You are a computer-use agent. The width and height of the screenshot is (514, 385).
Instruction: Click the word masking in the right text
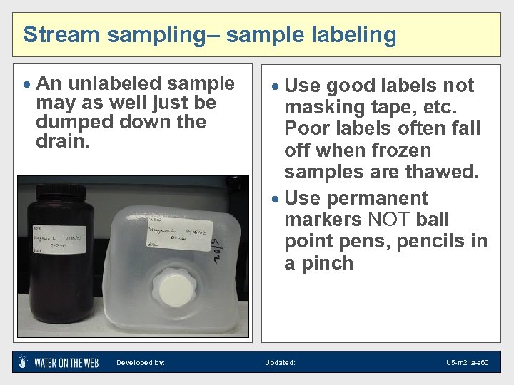321,108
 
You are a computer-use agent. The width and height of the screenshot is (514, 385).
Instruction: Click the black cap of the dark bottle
56,190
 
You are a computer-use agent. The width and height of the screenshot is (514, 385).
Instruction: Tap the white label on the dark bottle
59,238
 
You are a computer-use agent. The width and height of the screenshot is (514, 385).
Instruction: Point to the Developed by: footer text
141,363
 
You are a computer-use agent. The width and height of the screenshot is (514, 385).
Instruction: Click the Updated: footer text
280,363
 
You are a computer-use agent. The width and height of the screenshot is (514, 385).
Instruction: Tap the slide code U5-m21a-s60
468,363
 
